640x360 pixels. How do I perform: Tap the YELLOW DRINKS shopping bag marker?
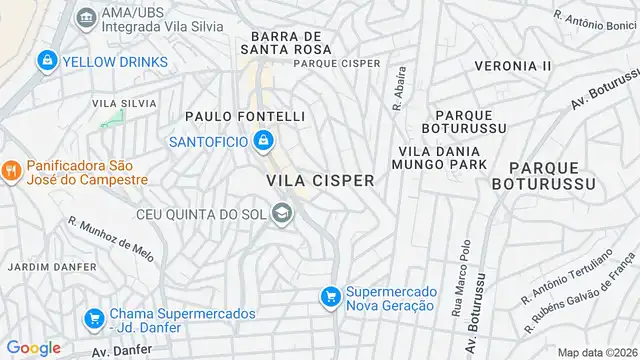(x=46, y=61)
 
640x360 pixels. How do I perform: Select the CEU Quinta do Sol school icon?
(x=283, y=213)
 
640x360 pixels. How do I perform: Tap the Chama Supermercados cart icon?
(x=94, y=319)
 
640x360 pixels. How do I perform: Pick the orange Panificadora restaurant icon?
(x=11, y=171)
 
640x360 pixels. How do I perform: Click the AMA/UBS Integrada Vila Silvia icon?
(x=85, y=17)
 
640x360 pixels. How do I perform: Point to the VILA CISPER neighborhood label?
(x=320, y=180)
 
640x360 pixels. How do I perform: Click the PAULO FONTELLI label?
(x=245, y=117)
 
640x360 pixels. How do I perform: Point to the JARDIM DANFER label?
(x=52, y=267)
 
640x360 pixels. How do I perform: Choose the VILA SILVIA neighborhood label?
(x=124, y=103)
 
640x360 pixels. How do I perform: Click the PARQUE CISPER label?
(x=336, y=63)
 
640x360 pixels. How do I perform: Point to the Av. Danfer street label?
(x=121, y=351)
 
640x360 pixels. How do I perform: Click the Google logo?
(x=34, y=347)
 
